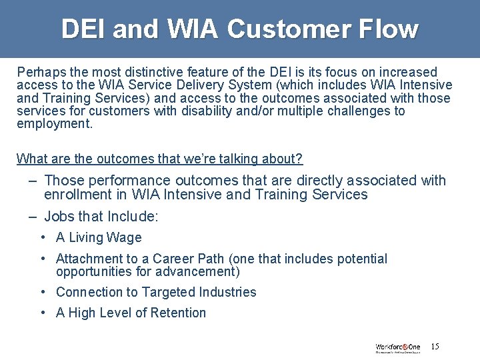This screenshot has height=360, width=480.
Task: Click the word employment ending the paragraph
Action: pyautogui.click(x=53, y=124)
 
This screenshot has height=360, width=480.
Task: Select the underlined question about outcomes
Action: pyautogui.click(x=159, y=159)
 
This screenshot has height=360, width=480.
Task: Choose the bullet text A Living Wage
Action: pyautogui.click(x=99, y=238)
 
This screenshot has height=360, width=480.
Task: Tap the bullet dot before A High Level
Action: pyautogui.click(x=43, y=313)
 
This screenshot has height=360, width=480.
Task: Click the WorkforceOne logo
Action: pyautogui.click(x=398, y=347)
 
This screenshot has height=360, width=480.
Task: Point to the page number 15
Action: pyautogui.click(x=435, y=347)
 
